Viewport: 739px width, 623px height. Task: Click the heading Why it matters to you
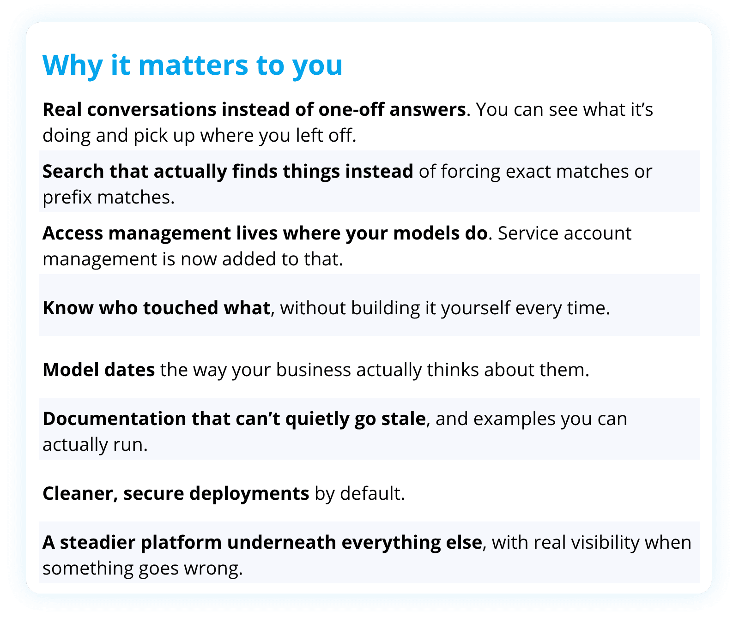coord(193,65)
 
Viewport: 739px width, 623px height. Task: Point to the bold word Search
coord(73,171)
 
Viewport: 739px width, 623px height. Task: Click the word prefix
coord(67,197)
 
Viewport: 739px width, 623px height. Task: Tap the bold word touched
coord(181,308)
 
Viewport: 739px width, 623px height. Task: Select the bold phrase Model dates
coord(99,370)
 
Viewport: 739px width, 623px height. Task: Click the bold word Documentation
coord(115,419)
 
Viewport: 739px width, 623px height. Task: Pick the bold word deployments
coord(249,493)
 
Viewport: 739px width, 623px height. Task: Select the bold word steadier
coord(97,542)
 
